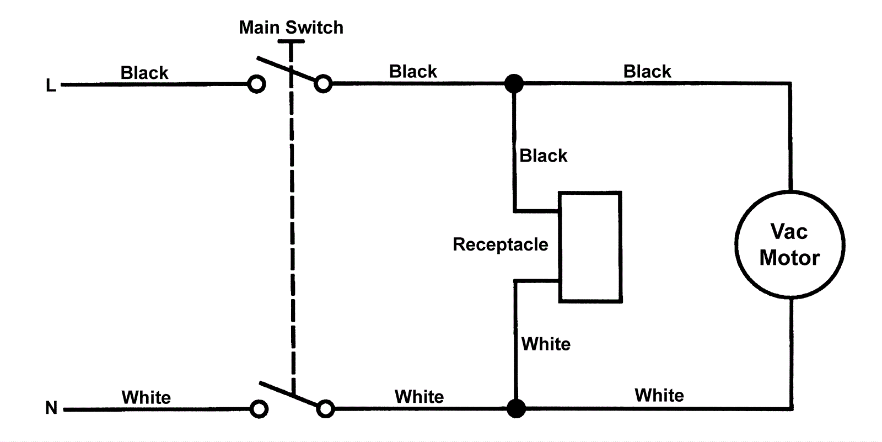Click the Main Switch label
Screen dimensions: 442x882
[291, 27]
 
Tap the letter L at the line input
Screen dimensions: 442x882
[51, 86]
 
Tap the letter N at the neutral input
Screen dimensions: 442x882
[51, 408]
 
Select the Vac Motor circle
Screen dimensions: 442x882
[789, 245]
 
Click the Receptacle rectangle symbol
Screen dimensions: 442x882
[590, 247]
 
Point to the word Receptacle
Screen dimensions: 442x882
[500, 244]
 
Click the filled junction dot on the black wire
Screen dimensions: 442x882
[514, 84]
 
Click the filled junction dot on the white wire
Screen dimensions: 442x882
[516, 409]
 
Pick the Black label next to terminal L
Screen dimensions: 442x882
[144, 73]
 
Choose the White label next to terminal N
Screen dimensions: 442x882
[146, 397]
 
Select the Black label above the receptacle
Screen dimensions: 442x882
[543, 156]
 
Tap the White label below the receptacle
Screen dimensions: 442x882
[546, 344]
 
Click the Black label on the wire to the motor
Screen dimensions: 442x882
[647, 71]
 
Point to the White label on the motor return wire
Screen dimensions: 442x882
[659, 395]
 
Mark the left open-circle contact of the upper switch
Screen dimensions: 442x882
[256, 84]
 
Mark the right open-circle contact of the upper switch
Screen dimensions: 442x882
[324, 84]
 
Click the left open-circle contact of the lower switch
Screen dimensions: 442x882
[259, 409]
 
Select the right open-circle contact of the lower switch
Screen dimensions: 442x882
[326, 409]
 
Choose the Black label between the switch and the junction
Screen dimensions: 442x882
[413, 71]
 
